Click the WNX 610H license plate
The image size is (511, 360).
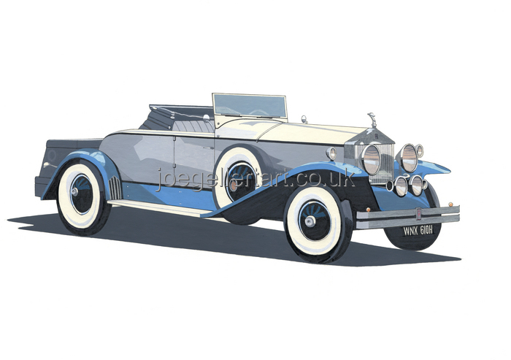click(x=418, y=231)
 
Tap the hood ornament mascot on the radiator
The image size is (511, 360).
click(x=371, y=120)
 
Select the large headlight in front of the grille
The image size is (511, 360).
click(x=371, y=159)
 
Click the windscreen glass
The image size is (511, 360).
click(x=250, y=106)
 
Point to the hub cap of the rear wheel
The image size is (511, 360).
click(x=74, y=192)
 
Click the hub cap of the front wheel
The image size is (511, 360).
click(x=310, y=222)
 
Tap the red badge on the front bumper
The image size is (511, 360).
click(x=418, y=213)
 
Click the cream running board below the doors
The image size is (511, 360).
click(x=160, y=207)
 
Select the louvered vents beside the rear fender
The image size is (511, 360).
click(x=115, y=188)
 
